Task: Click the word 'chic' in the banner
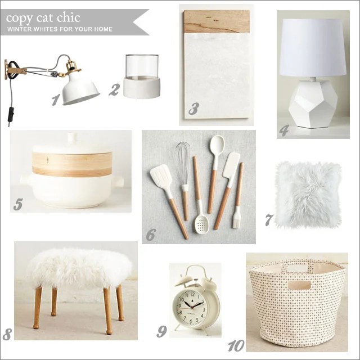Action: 69,18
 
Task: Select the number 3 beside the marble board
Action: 193,109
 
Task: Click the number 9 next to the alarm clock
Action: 161,331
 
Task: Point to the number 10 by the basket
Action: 236,345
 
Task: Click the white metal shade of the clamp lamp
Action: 81,88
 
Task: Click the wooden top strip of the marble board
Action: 217,21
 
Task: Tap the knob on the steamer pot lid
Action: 73,137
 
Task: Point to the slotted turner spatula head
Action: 160,177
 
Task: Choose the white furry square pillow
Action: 308,195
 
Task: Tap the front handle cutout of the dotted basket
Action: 299,285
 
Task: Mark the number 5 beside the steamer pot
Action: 17,204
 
